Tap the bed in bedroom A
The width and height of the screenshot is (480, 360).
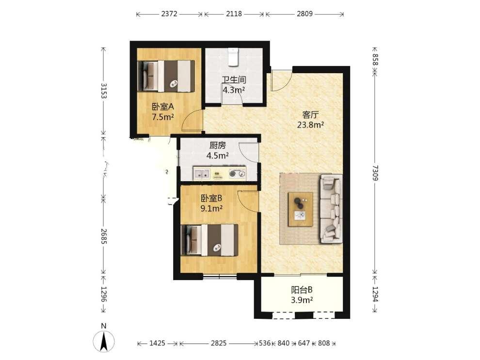tap(166, 76)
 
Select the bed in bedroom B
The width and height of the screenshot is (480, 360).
tap(209, 240)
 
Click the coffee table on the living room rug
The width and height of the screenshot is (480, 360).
tap(301, 209)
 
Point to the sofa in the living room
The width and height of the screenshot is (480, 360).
tap(331, 209)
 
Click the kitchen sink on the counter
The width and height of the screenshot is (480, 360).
tap(201, 174)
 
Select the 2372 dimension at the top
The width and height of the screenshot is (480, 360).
tap(169, 14)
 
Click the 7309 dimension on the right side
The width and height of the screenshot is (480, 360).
tap(375, 173)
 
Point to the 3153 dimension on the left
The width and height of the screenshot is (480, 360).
tap(103, 91)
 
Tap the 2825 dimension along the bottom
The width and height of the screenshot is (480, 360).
tap(219, 343)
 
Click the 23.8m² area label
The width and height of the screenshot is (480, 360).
tap(311, 125)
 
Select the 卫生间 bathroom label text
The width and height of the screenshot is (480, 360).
tap(234, 80)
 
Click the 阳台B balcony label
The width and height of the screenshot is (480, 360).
tap(302, 290)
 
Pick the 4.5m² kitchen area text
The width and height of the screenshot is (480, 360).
tap(218, 156)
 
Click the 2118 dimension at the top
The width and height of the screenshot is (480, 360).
tap(234, 14)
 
